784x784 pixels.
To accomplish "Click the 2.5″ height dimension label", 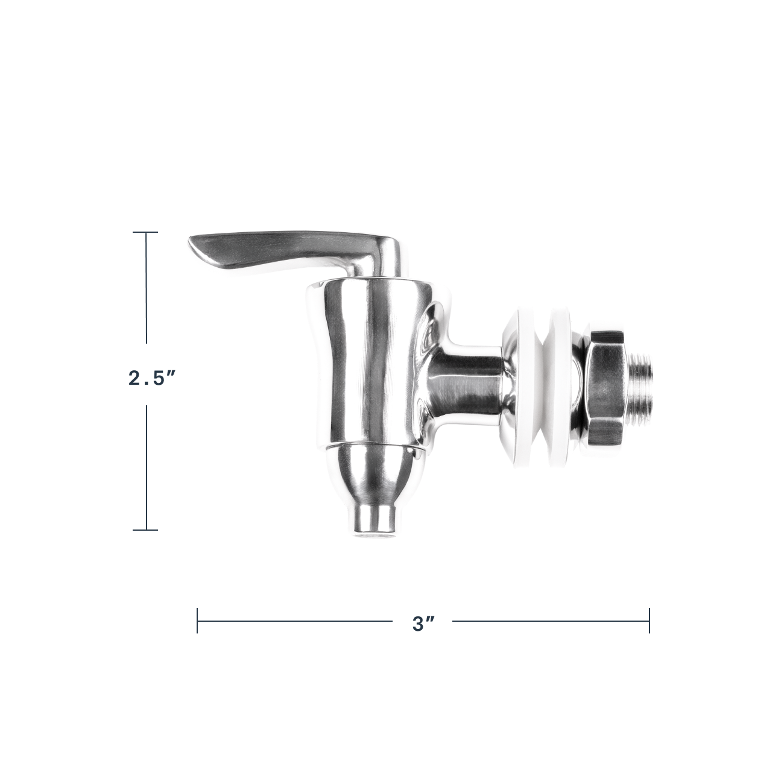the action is [151, 379].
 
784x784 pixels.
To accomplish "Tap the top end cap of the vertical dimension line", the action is [145, 232].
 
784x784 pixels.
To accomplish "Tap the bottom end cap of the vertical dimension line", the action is [145, 530].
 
